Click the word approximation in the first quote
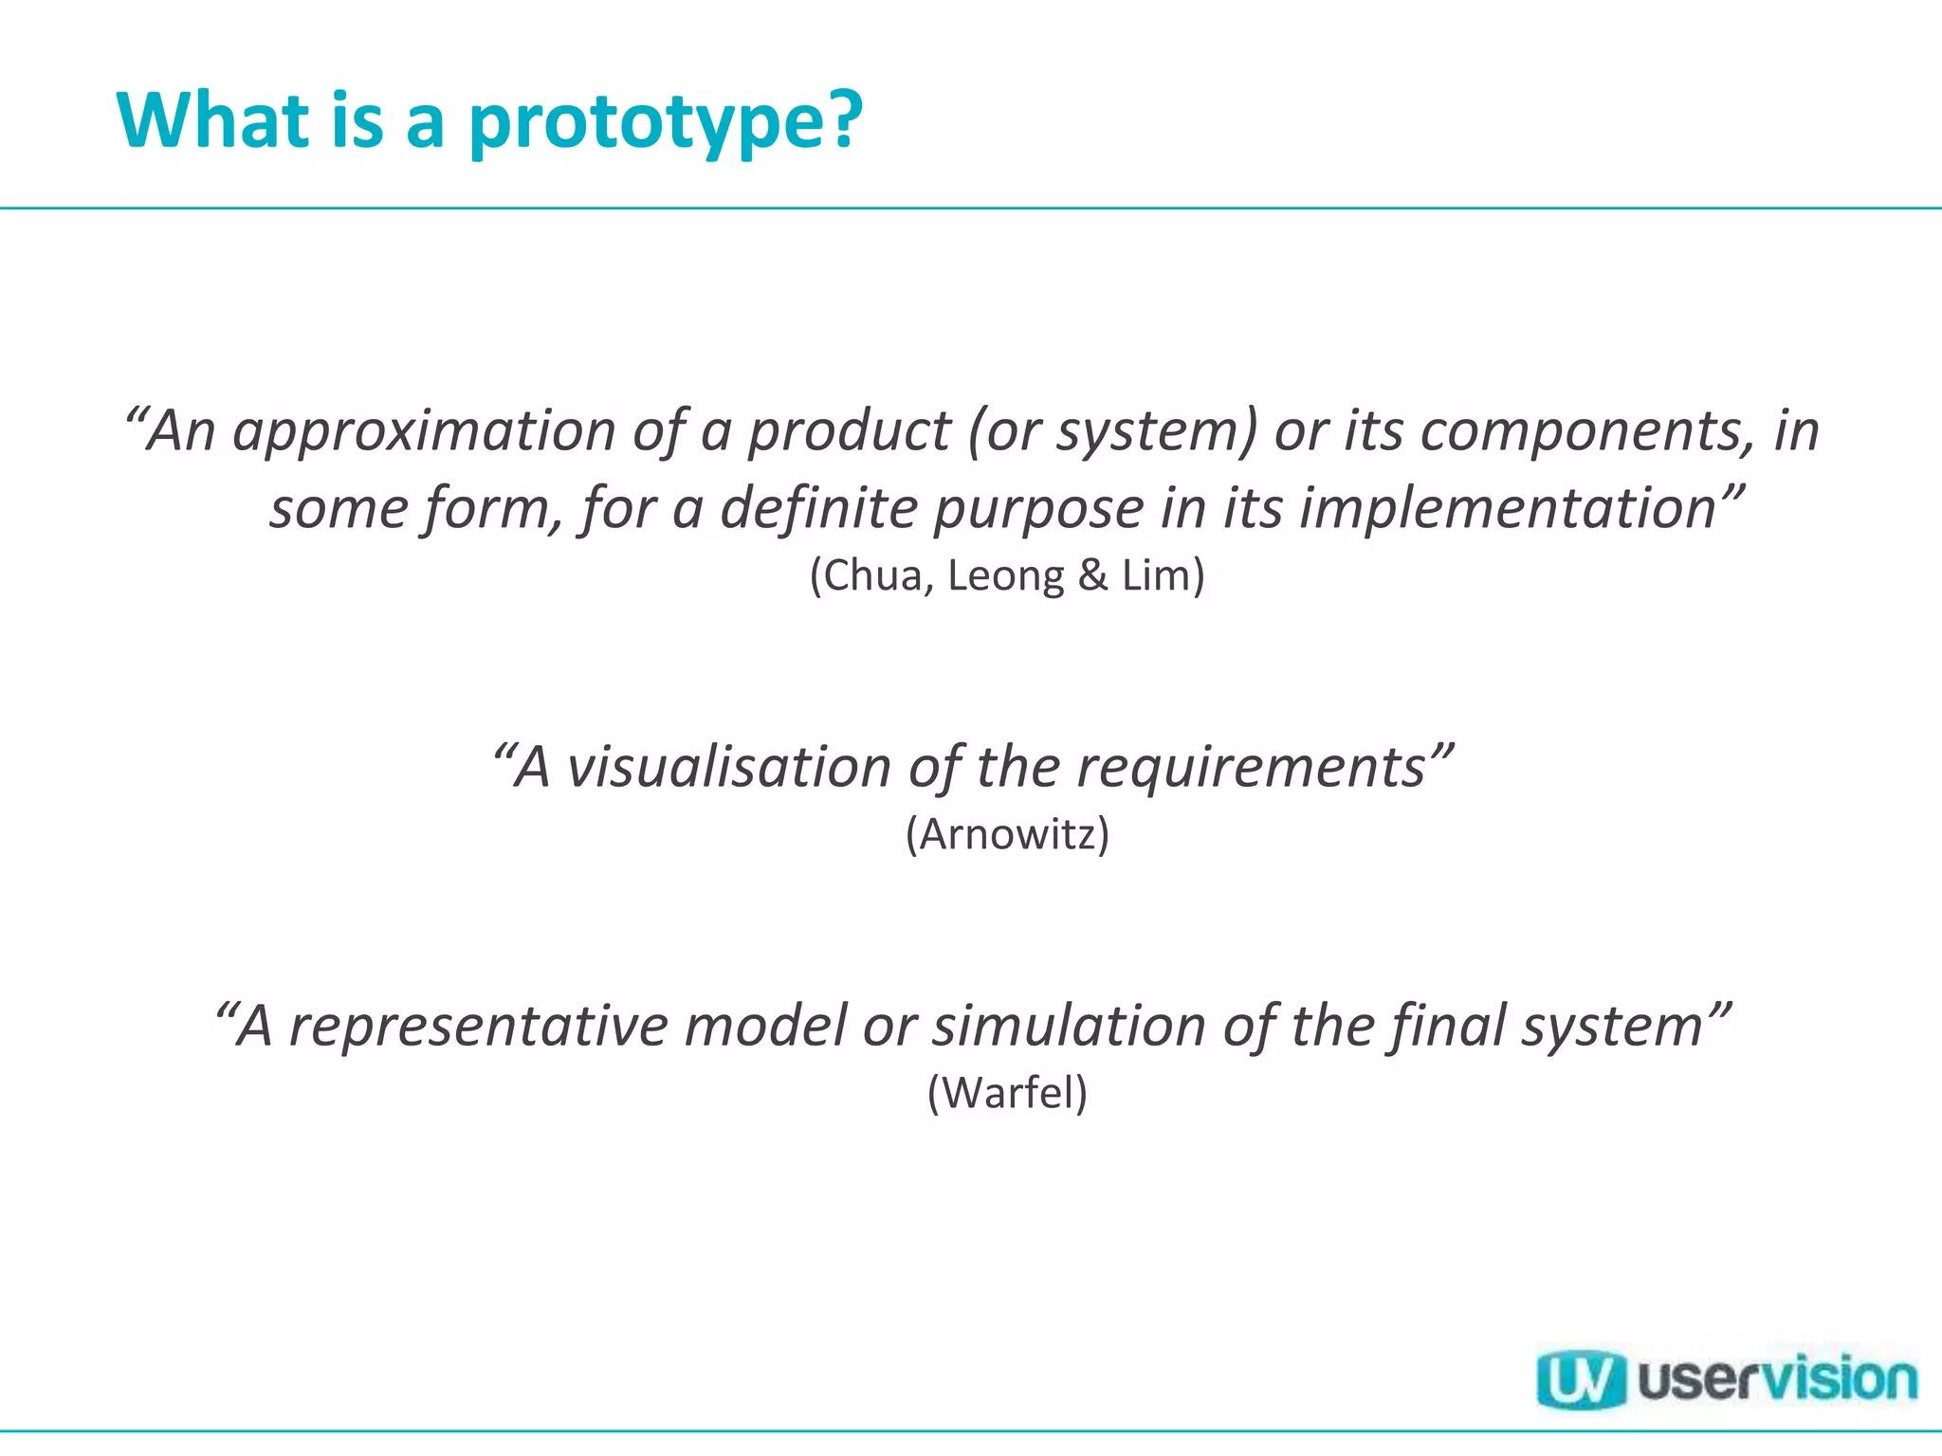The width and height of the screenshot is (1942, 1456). [x=424, y=431]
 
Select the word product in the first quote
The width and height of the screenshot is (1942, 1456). [x=849, y=431]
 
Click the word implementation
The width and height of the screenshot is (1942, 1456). [x=1509, y=508]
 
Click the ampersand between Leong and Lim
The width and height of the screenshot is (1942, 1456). [x=1092, y=575]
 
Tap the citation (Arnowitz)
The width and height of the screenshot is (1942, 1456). [x=1007, y=834]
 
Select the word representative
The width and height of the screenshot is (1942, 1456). [x=479, y=1026]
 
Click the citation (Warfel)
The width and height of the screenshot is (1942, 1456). [x=1007, y=1093]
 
